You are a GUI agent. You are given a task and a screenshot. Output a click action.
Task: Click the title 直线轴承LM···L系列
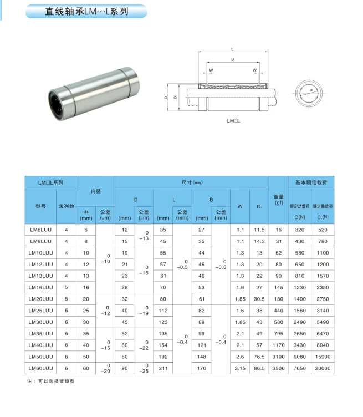[x=86, y=12]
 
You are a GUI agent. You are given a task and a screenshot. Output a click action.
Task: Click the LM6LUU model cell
[x=40, y=230]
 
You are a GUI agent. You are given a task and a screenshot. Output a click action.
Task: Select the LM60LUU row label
[x=40, y=368]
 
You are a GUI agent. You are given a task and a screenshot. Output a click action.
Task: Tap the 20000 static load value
[x=323, y=368]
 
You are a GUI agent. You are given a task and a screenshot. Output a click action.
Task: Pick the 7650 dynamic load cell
[x=299, y=368]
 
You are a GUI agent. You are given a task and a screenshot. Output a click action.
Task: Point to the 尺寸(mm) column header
[x=192, y=182]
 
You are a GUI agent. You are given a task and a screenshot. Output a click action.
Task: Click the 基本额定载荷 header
[x=311, y=182]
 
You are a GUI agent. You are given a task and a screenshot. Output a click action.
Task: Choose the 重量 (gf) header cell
[x=279, y=200]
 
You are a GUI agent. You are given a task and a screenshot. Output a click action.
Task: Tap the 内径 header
[x=96, y=191]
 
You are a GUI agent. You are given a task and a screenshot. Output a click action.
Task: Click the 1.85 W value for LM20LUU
[x=240, y=299]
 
